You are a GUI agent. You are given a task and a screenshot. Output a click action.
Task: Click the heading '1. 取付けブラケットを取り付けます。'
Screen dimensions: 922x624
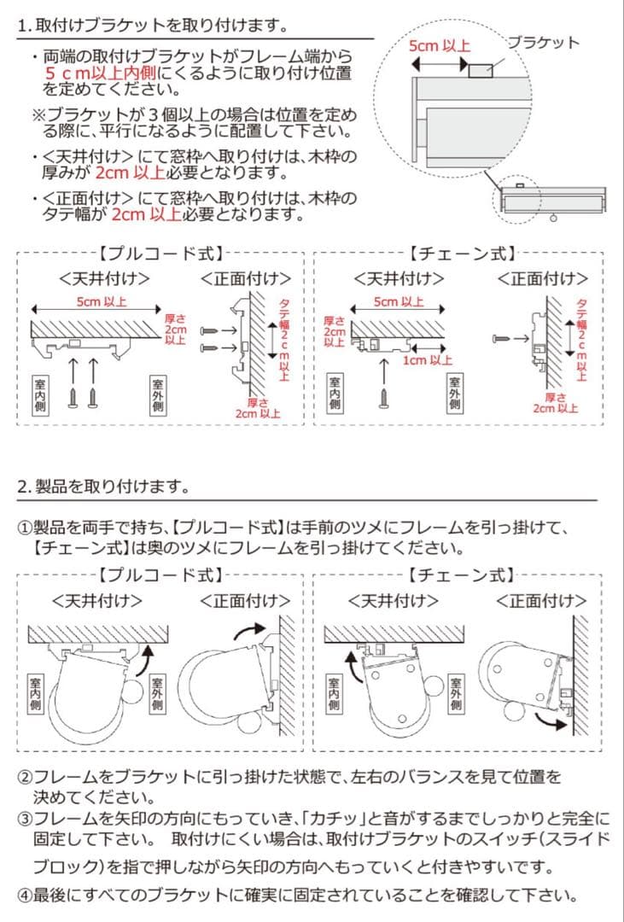(151, 26)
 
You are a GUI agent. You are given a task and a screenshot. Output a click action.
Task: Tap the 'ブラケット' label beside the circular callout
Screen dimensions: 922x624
(543, 42)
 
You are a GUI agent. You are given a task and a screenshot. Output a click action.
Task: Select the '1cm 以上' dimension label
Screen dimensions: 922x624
(428, 360)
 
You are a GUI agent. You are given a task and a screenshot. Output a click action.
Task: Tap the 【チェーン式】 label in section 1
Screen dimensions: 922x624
(461, 254)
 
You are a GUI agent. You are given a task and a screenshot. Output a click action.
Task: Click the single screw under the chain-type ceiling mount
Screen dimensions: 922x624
(384, 394)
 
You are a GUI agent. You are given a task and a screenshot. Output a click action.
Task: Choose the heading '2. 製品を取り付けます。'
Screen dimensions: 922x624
(102, 487)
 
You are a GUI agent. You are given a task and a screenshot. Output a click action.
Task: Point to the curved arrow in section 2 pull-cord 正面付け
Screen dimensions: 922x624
(249, 632)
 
